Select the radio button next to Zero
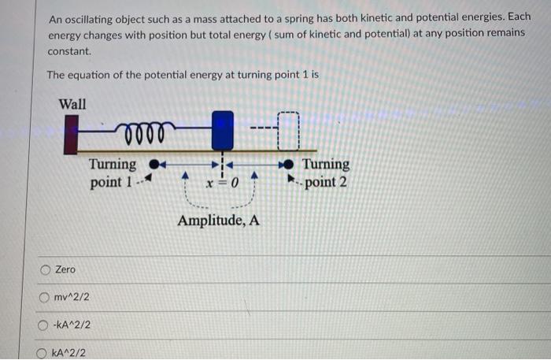(x=46, y=270)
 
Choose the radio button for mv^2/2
(x=46, y=297)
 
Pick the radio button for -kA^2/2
(x=46, y=325)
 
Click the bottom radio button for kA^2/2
(x=46, y=352)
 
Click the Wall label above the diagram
(x=72, y=104)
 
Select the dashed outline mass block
(x=289, y=131)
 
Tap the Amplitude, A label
(x=219, y=221)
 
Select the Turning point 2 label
(x=326, y=173)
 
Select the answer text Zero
(x=65, y=270)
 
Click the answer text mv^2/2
(x=72, y=297)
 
